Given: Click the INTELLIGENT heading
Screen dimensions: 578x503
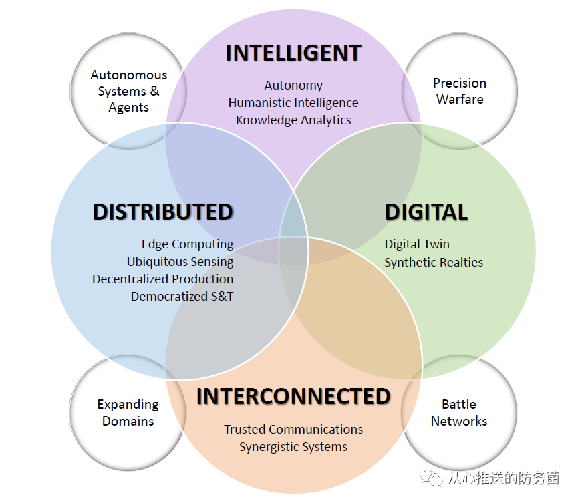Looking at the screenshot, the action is pos(293,53).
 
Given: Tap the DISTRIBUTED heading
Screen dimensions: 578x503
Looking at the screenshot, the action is pos(162,212).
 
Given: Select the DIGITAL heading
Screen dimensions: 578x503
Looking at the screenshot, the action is pos(426,212).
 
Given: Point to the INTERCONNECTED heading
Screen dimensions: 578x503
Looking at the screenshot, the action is pos(293,397).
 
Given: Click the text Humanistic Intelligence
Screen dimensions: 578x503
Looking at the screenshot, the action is pos(293,103).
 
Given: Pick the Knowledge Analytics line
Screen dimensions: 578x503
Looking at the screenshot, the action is pos(293,120).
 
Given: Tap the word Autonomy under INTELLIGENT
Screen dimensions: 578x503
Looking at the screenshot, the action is pos(293,86).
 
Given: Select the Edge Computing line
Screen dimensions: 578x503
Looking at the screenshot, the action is pos(187,244).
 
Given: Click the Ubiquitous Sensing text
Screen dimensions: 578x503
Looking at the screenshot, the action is pos(180,262).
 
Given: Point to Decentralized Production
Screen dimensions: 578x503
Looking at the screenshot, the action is pos(163,279).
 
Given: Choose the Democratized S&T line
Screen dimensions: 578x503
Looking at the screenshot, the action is pos(182,296).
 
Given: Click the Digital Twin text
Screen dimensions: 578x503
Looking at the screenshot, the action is pos(417,244).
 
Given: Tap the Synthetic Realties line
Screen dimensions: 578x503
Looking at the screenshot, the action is pos(434,263).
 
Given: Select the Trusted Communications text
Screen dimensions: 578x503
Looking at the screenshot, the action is pos(293,430).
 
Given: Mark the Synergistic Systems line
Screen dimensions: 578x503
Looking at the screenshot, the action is pos(293,447).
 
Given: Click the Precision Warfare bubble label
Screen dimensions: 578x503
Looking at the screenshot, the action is pos(459,92).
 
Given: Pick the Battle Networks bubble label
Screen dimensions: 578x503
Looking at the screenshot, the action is pos(459,413).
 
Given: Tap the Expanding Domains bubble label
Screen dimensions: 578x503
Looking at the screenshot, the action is pos(128,413).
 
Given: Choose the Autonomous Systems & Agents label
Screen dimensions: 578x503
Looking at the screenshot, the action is pos(128,92).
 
